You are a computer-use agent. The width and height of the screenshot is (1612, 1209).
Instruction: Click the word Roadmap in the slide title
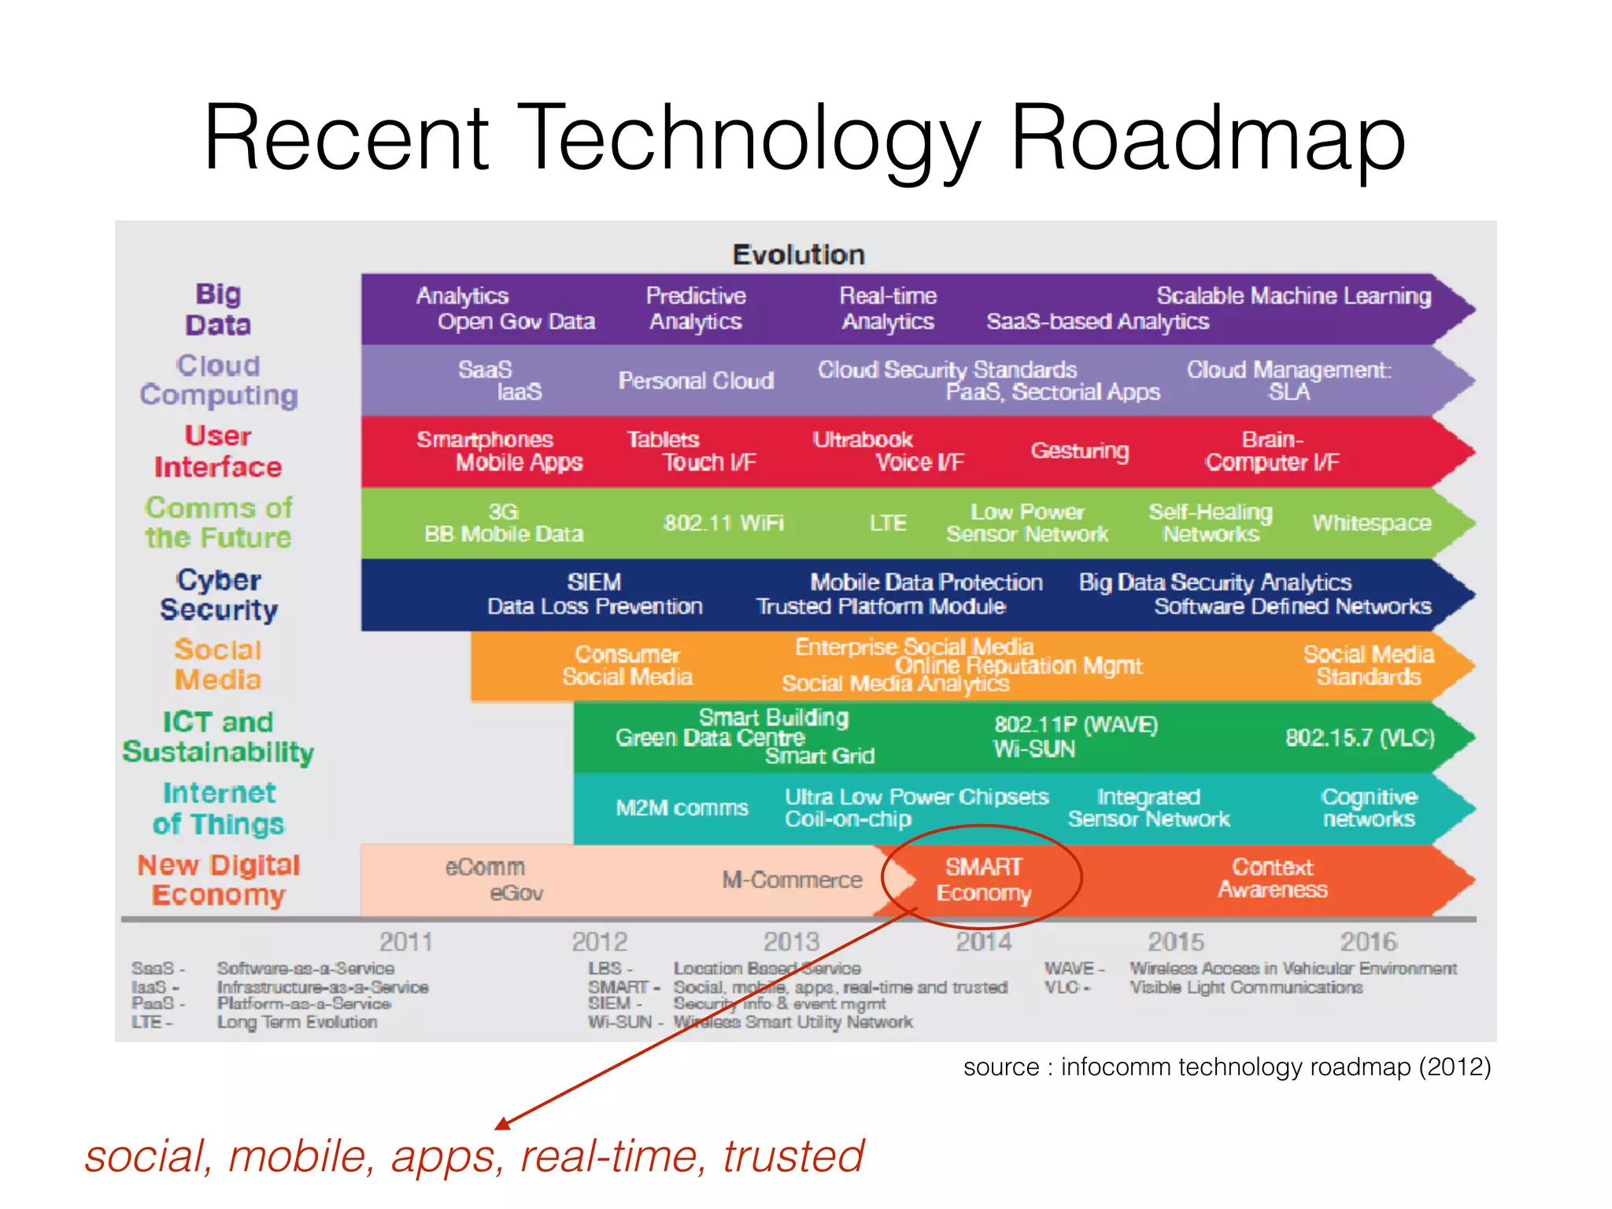(1207, 138)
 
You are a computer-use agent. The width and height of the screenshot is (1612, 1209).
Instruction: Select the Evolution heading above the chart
(798, 254)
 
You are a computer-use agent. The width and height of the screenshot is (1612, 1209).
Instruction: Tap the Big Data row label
(218, 309)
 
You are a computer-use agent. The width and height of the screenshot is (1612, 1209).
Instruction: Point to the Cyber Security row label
(219, 595)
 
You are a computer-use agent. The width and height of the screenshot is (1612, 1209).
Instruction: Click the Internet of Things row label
(219, 808)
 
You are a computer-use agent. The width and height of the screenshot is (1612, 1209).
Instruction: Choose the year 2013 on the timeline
(792, 941)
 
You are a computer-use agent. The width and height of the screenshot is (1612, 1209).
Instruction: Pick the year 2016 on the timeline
(1369, 941)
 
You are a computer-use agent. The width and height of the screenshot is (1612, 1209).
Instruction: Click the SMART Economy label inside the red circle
(983, 879)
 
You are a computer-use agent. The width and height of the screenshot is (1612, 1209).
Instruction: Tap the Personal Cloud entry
(696, 381)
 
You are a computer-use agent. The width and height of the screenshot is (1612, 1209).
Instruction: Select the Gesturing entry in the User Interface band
(1080, 451)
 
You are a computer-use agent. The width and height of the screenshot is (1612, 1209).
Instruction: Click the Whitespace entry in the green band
(1371, 523)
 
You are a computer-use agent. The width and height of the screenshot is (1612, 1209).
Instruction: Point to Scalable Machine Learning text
(1293, 296)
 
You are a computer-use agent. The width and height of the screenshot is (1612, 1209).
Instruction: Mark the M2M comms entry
(682, 808)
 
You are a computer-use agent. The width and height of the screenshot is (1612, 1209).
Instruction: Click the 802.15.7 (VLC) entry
(1359, 738)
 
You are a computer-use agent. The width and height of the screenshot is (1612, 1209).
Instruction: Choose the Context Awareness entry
(1273, 878)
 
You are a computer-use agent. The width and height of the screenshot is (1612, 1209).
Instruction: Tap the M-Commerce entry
(792, 879)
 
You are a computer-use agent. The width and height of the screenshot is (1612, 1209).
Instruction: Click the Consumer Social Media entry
(627, 666)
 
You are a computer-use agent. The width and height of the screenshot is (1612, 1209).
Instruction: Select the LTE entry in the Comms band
(888, 523)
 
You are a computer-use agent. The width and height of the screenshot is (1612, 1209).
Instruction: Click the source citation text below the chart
(1226, 1067)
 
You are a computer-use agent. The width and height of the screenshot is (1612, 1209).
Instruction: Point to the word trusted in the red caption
(793, 1156)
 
